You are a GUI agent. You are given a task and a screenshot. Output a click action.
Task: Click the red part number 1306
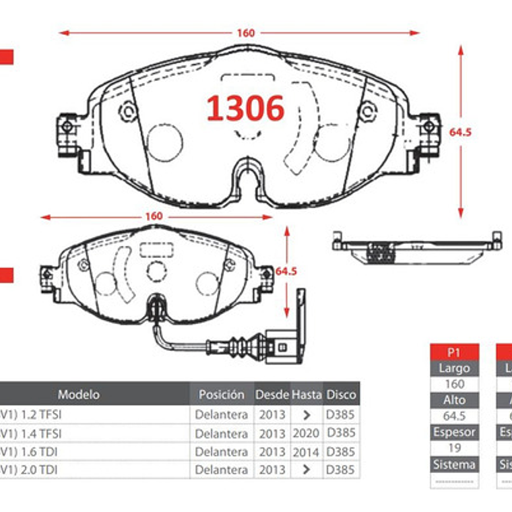pos(245,108)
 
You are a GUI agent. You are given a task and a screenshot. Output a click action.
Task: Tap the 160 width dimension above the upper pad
pos(245,33)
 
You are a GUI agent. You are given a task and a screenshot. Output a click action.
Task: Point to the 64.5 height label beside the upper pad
pos(460,132)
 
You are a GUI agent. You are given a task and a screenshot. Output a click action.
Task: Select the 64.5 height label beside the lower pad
pos(286,271)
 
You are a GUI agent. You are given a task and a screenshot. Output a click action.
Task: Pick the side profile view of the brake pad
pos(417,247)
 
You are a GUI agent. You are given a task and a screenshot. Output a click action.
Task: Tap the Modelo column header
pos(78,394)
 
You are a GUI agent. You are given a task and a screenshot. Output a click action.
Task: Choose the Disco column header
pos(341,394)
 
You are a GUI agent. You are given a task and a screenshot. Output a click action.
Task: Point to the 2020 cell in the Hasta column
pos(307,433)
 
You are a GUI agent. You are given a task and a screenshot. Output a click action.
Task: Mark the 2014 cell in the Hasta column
pos(307,451)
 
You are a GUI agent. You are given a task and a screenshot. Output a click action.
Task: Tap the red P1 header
pos(454,352)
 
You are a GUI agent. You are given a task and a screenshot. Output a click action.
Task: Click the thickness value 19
pos(455,448)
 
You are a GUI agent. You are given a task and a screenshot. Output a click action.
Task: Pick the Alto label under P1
pos(455,400)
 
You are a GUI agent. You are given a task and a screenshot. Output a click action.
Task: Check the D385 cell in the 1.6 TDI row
pos(341,451)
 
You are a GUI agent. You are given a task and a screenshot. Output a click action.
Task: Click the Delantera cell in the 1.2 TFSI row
pos(222,414)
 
